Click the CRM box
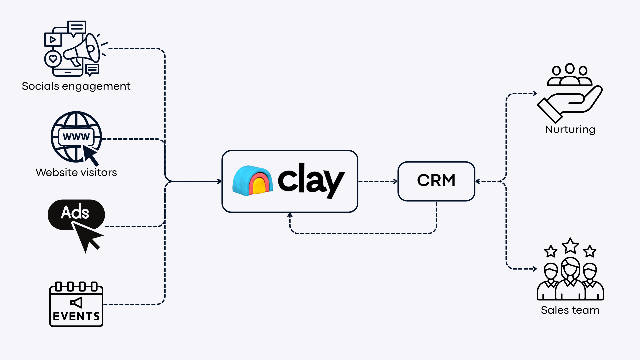(x=436, y=181)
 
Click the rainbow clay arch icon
(x=252, y=181)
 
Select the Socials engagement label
(x=76, y=86)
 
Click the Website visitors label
(x=76, y=172)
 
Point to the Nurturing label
(x=570, y=129)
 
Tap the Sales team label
(x=570, y=310)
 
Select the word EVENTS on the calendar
(x=76, y=316)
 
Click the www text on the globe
(x=76, y=137)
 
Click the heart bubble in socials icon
(x=53, y=59)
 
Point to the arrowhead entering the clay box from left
(x=219, y=181)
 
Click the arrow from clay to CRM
(x=378, y=181)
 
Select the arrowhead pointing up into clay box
(x=290, y=215)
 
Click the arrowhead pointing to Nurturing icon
(x=535, y=93)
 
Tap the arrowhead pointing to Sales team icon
(x=535, y=269)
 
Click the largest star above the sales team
(x=570, y=246)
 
